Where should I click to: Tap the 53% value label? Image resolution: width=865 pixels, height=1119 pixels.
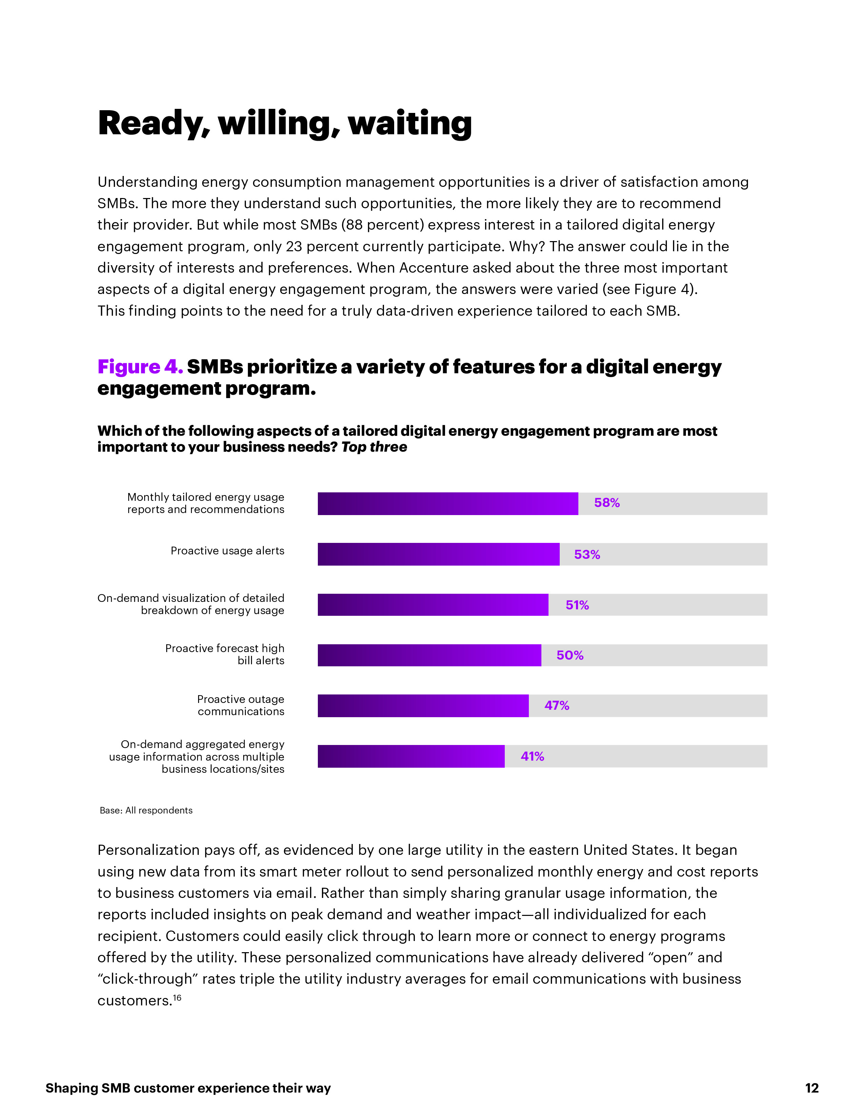point(587,554)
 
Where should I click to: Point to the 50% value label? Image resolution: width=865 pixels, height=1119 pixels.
point(570,655)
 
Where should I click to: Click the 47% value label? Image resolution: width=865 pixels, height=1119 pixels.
point(557,706)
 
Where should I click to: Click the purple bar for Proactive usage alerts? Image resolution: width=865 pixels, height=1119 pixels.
point(438,554)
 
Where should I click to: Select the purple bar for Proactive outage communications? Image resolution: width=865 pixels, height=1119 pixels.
point(423,706)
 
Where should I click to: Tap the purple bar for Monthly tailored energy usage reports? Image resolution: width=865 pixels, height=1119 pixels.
point(447,504)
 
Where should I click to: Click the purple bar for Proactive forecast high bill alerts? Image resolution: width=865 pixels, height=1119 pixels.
point(429,655)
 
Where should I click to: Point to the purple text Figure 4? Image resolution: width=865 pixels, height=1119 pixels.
point(140,367)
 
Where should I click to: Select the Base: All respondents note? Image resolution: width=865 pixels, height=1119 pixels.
point(146,810)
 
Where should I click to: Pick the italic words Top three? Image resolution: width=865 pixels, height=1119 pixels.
point(374,447)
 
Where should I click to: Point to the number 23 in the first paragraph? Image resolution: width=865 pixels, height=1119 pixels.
point(294,247)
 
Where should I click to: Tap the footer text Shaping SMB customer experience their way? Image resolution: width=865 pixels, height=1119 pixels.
point(188,1088)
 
